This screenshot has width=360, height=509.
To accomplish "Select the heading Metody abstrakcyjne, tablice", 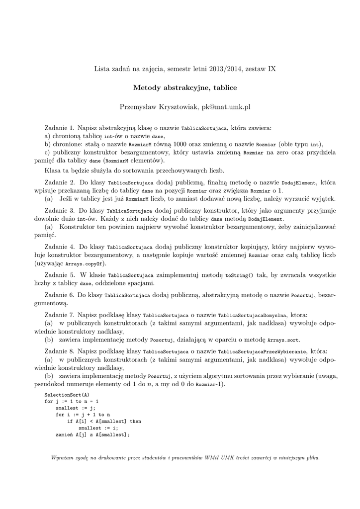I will (x=185, y=88).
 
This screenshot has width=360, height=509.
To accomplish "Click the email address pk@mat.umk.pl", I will (x=226, y=106).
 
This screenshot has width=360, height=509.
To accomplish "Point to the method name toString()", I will (x=239, y=275).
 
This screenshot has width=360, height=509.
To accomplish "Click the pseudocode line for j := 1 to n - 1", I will (x=71, y=401).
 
